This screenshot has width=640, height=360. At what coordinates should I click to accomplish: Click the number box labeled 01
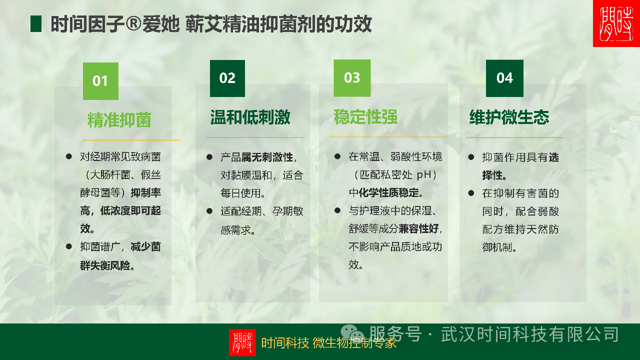(x=100, y=81)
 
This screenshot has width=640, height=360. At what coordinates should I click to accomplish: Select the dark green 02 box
(x=227, y=78)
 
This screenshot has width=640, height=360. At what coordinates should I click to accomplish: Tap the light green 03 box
(x=352, y=78)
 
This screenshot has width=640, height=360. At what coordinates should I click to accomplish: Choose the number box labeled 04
(x=504, y=78)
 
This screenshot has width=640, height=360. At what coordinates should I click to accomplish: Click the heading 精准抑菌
(x=119, y=119)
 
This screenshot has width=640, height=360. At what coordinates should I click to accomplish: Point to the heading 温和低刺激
(x=250, y=117)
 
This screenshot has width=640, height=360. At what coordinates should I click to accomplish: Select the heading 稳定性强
(x=365, y=116)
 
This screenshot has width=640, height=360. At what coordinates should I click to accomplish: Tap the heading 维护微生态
(x=509, y=117)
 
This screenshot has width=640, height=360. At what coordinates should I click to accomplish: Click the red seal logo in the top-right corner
(x=616, y=23)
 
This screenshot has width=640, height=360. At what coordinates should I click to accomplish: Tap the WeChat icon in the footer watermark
(x=352, y=333)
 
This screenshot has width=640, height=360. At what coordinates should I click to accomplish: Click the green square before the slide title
(x=36, y=23)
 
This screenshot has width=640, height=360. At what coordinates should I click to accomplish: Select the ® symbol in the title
(x=133, y=23)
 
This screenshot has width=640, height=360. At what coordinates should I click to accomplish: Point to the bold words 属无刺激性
(x=267, y=157)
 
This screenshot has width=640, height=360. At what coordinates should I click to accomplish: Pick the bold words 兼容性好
(x=418, y=228)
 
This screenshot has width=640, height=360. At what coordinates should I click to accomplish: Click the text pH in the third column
(x=424, y=175)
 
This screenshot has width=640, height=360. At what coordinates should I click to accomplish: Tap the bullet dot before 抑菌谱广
(x=69, y=246)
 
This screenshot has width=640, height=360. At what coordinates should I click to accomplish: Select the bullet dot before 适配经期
(x=209, y=211)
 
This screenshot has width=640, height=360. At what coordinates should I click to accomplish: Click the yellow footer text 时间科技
(x=285, y=343)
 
